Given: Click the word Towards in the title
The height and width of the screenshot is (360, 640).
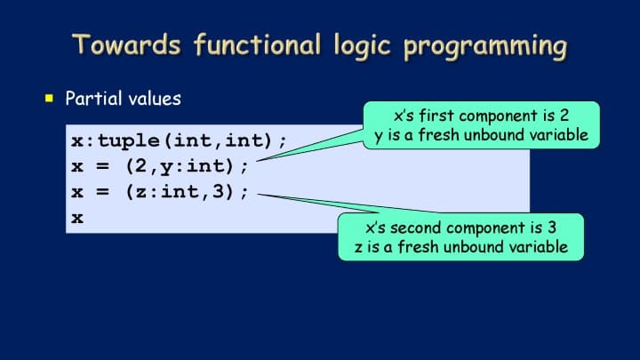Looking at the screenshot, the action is [x=126, y=44].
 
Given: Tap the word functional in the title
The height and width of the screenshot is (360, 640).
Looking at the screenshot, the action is [x=257, y=44].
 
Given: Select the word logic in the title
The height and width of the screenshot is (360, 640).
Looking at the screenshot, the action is [x=363, y=45].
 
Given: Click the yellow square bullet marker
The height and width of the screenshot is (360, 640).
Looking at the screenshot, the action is [x=50, y=98].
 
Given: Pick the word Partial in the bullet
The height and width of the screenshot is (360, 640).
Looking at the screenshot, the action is [x=94, y=99].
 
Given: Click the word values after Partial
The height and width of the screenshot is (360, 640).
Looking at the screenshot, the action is [x=155, y=99].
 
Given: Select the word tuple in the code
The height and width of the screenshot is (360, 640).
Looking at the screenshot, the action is [x=129, y=141].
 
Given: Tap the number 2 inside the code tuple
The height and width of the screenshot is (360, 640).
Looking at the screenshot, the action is [x=140, y=165].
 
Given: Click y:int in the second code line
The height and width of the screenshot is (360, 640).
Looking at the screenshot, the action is [x=190, y=167].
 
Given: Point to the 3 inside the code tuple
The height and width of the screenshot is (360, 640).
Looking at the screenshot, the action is [x=218, y=191].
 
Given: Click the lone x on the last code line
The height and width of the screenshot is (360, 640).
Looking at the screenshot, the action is [x=77, y=218].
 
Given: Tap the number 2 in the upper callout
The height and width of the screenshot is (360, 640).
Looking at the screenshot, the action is [x=564, y=116].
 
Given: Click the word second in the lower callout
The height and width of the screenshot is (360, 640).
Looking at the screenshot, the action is [x=415, y=228].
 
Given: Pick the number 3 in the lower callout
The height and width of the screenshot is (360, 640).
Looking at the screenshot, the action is [x=552, y=228].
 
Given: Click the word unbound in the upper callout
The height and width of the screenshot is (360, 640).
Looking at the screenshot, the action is [x=494, y=135].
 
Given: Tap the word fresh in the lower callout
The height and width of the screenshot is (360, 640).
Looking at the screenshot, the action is [x=418, y=246].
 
